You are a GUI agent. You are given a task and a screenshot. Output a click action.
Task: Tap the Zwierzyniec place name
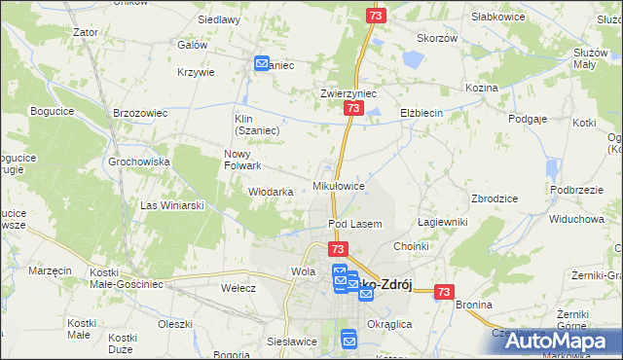coord(348,94)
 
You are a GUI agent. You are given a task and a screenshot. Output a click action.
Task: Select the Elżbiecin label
coord(421,113)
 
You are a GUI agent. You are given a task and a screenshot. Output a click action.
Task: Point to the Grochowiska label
coord(139,162)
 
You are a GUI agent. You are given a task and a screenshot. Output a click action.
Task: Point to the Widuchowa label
coord(576,219)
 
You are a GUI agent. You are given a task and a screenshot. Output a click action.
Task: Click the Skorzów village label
coord(437,38)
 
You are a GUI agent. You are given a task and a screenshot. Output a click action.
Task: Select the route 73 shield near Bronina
coord(445,291)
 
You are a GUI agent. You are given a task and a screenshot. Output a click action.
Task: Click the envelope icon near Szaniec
coord(262,64)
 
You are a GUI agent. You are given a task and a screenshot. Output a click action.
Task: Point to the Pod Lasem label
coord(354,224)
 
